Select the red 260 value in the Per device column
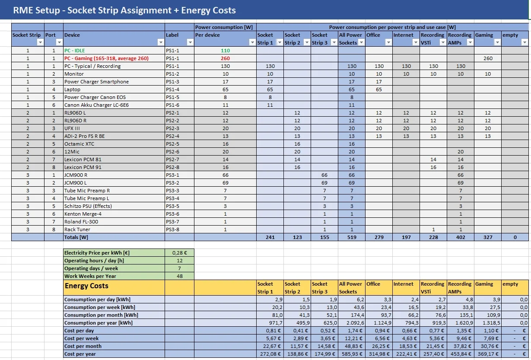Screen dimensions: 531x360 tap(225, 58)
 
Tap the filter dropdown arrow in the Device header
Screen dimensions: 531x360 tap(161, 42)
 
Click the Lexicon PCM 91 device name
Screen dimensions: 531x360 tap(83, 167)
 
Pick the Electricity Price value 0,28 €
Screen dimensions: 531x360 tap(179, 253)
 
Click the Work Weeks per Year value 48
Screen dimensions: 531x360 tap(179, 276)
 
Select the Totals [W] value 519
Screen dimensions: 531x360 tap(352, 237)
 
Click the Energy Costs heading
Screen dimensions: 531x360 tap(86, 286)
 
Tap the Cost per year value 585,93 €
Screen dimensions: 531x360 tap(352, 354)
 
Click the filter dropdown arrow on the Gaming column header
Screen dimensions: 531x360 tap(497, 42)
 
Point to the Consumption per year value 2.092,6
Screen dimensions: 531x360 tap(354, 323)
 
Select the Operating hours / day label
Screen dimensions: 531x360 tap(94, 261)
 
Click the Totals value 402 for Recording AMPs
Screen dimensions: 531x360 tap(461, 237)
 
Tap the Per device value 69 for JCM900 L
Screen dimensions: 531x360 tap(225, 183)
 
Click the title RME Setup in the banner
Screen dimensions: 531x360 tap(36, 10)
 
